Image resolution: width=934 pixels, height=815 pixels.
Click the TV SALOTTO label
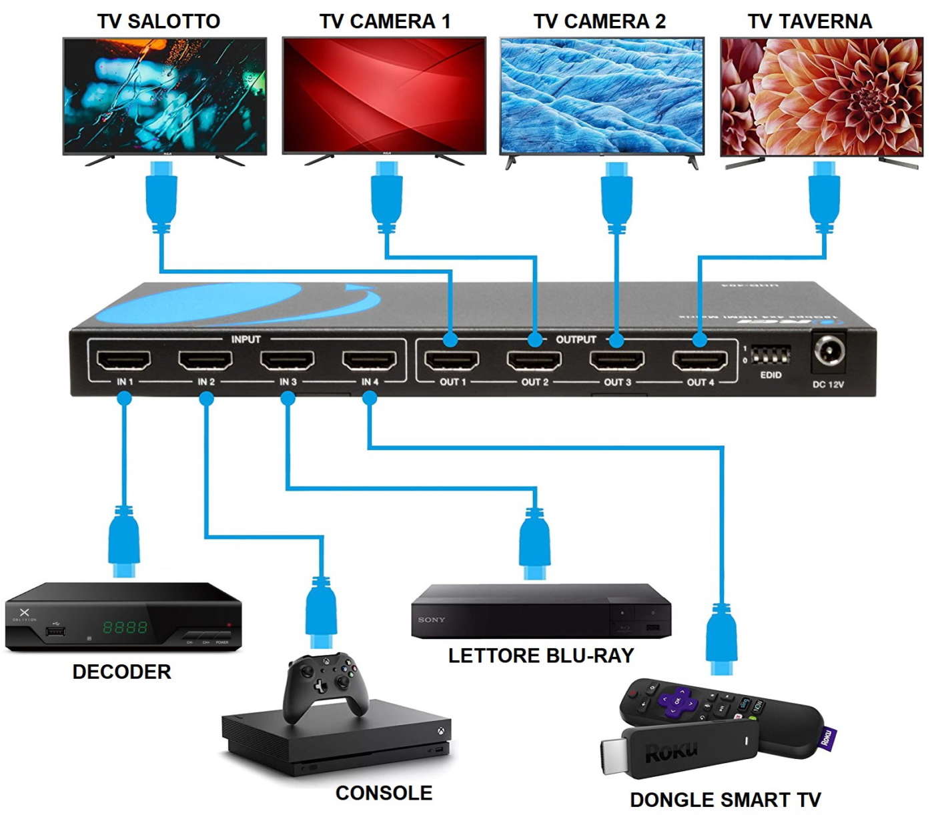pos(159,21)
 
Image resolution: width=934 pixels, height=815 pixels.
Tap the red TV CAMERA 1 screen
pos(384,95)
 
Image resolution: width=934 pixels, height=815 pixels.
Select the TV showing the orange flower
pos(821,97)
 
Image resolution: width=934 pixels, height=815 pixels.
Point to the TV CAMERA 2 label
pos(599,21)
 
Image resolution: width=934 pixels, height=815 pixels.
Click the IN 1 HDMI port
pos(124,361)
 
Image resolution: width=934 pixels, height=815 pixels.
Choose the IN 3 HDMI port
pos(288,361)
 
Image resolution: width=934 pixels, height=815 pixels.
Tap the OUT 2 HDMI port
pos(534,361)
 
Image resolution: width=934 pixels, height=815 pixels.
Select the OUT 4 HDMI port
pos(700,361)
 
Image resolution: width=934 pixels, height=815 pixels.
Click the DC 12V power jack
pos(828,351)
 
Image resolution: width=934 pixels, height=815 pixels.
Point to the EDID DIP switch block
pos(771,355)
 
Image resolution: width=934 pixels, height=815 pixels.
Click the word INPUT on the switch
pos(246,339)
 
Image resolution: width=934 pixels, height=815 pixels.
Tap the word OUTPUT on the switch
pos(576,339)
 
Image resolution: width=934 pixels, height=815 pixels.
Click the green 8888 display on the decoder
pos(125,627)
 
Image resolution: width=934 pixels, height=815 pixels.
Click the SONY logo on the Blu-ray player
pos(431,620)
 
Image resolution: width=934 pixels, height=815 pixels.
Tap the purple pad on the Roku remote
pos(677,700)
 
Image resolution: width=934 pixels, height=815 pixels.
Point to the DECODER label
pos(121,672)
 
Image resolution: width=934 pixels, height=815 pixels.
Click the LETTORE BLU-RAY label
pos(540,656)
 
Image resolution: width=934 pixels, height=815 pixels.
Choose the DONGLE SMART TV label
pos(725,800)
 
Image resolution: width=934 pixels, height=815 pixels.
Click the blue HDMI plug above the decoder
pos(124,540)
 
